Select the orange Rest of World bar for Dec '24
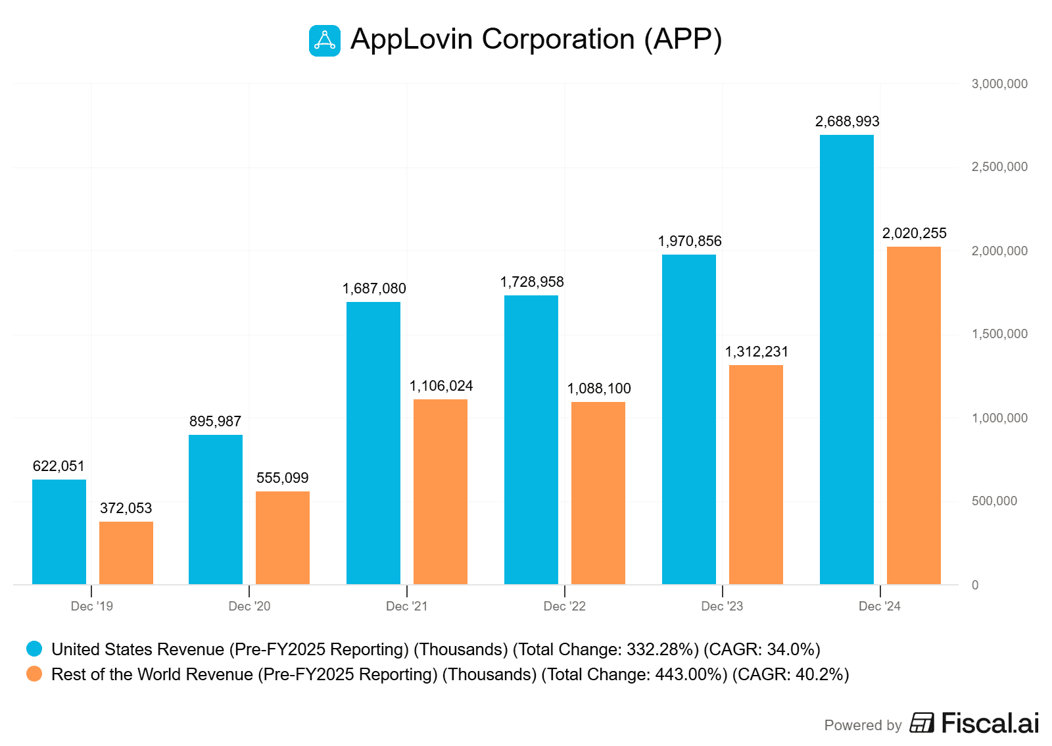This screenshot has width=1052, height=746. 913,415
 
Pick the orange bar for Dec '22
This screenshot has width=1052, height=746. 598,493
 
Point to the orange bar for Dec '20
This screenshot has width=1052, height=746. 283,537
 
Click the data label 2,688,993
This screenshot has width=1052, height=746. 847,121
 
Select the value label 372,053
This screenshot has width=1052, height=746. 126,508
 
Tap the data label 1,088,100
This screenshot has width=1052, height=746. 599,388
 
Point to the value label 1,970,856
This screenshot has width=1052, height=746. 690,241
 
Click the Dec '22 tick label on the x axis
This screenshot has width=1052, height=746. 564,606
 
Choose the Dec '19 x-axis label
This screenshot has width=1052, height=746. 91,606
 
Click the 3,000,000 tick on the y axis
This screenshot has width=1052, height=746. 999,84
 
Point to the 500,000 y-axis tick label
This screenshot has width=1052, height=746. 994,501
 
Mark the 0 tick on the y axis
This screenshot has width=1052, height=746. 975,585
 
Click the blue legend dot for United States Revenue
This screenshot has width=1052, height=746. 34,649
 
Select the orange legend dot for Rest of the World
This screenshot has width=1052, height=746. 34,674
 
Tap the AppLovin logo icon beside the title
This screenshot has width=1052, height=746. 325,41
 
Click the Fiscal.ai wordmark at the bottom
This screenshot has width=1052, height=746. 990,723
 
